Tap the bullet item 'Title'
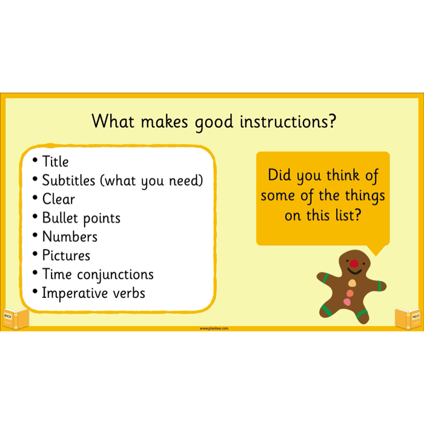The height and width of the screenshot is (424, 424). tap(55, 162)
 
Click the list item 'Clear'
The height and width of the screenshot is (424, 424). tap(58, 199)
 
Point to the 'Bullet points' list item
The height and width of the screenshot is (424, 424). tap(81, 218)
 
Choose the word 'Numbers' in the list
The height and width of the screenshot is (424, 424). tap(70, 237)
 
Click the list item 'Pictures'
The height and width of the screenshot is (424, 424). tap(66, 256)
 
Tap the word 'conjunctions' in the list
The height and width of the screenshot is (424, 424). tap(115, 275)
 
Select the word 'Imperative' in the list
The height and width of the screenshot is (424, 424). tap(69, 294)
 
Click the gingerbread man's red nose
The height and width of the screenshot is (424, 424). tap(353, 264)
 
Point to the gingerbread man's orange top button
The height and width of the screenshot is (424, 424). tap(351, 282)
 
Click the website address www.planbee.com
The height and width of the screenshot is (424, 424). tap(214, 328)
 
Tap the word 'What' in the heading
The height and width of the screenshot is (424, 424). tap(113, 122)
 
